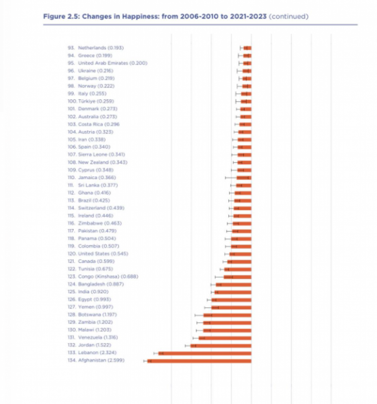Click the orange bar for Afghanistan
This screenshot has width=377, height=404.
click(199, 360)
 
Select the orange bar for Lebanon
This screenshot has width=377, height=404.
click(205, 353)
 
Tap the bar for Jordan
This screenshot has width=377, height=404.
click(221, 345)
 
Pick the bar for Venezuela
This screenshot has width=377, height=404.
click(225, 338)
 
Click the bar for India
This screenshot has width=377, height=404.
click(233, 292)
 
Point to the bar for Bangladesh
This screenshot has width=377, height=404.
click(234, 284)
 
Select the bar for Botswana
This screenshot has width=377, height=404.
click(227, 315)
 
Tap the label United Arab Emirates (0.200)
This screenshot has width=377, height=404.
click(112, 63)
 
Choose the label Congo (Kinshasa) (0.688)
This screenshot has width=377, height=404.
click(108, 276)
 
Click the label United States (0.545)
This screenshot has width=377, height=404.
click(103, 254)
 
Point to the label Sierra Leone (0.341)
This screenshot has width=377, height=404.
click(102, 154)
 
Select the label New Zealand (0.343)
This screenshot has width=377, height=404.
click(103, 162)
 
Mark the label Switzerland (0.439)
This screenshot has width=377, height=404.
click(101, 208)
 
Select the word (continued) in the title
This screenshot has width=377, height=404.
click(289, 17)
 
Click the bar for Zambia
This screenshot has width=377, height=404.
click(227, 322)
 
